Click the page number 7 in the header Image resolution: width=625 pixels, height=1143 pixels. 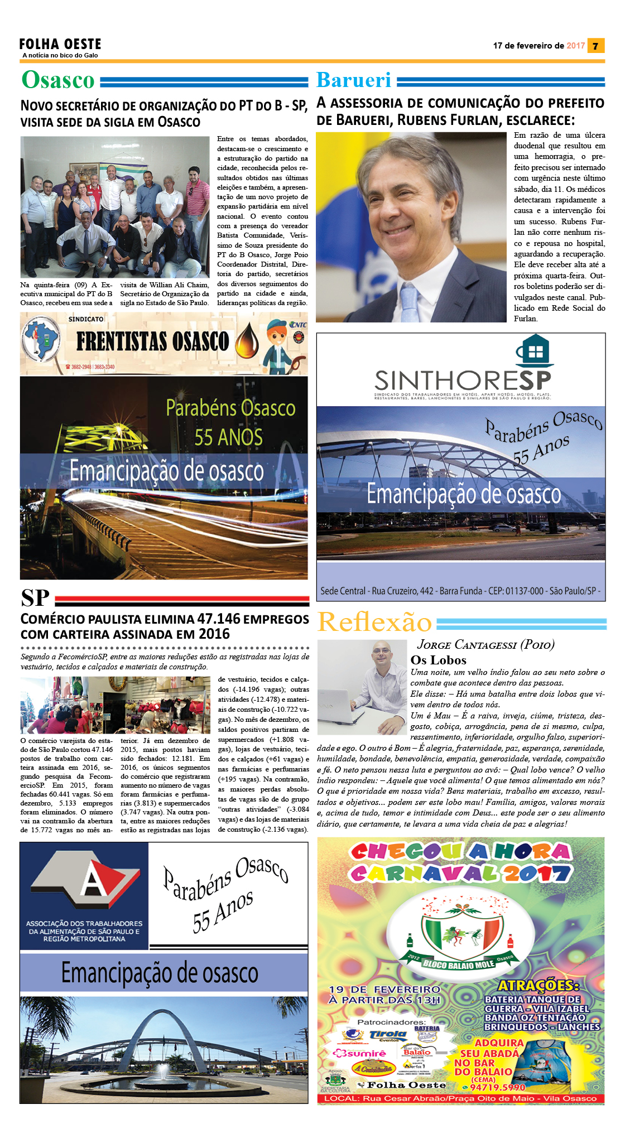click(596, 46)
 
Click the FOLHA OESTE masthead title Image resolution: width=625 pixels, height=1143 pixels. click(60, 44)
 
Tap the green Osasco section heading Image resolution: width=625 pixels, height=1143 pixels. click(58, 80)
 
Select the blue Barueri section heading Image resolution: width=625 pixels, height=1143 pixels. click(354, 80)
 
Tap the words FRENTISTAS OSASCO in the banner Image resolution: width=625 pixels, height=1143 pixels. click(152, 341)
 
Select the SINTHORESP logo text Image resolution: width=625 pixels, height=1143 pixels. click(463, 380)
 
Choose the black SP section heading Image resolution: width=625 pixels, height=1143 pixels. click(35, 598)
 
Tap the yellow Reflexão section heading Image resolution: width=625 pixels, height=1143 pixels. click(374, 622)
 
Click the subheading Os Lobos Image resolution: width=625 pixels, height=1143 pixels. click(438, 660)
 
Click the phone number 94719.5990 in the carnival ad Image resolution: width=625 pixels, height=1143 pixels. click(498, 1087)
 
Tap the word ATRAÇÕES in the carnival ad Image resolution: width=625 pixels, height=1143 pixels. click(539, 985)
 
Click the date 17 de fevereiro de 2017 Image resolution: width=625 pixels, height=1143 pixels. click(539, 46)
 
